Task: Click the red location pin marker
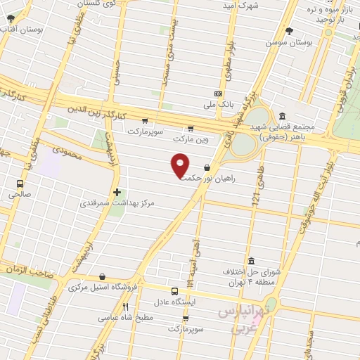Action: click(x=181, y=167)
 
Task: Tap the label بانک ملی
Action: click(x=219, y=105)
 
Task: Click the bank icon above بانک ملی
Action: click(x=219, y=94)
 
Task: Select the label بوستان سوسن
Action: click(x=288, y=42)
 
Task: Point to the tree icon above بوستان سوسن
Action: click(x=289, y=31)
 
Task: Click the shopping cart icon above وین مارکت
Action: click(x=191, y=128)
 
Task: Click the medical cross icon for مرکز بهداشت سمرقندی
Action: click(x=117, y=191)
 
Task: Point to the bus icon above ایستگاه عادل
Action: click(x=174, y=290)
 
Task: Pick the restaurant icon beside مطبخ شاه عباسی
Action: click(x=125, y=307)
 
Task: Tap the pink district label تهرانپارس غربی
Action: click(x=239, y=319)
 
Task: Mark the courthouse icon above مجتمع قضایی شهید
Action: click(x=282, y=116)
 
